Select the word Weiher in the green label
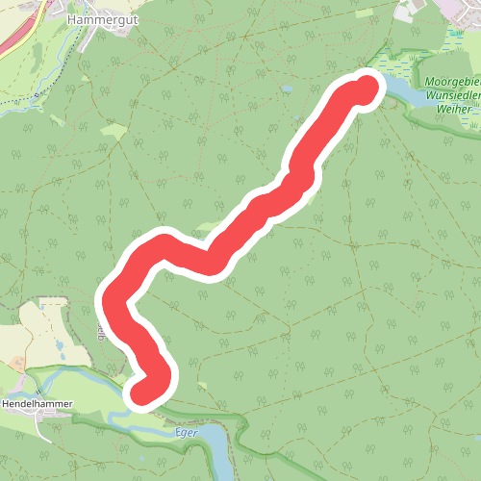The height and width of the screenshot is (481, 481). [452, 110]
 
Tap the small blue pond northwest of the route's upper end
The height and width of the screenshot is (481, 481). [287, 89]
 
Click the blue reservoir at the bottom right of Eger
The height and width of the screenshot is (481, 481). [219, 449]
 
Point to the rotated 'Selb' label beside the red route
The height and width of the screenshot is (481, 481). [100, 332]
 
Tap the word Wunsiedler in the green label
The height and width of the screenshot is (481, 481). [449, 96]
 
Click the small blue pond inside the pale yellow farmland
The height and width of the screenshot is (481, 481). [62, 343]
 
